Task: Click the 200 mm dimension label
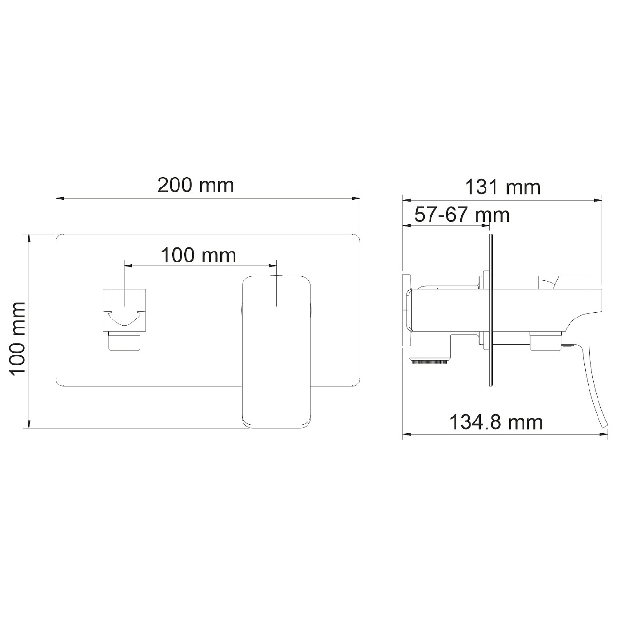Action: (196, 185)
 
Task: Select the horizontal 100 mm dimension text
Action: (198, 255)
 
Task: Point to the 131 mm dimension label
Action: (502, 187)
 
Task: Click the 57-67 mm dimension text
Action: (462, 215)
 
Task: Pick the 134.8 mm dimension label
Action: (496, 421)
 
